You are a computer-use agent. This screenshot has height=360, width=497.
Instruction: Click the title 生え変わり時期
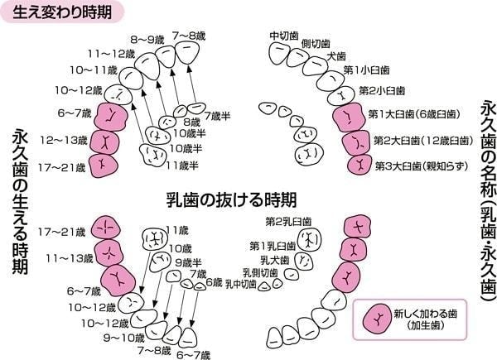pyautogui.click(x=62, y=12)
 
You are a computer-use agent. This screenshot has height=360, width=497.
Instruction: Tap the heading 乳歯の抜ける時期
pyautogui.click(x=231, y=199)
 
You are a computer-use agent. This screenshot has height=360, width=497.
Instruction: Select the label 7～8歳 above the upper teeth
pyautogui.click(x=189, y=36)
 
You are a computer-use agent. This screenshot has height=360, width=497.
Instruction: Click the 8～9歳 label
pyautogui.click(x=147, y=41)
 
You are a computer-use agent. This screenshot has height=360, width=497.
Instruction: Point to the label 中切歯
pyautogui.click(x=284, y=36)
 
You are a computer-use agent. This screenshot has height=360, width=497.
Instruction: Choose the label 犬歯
pyautogui.click(x=336, y=56)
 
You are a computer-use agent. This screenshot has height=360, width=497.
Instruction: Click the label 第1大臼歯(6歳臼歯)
pyautogui.click(x=414, y=114)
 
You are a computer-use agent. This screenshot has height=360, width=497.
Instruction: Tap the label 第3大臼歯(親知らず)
pyautogui.click(x=422, y=166)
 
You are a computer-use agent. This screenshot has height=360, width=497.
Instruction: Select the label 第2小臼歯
pyautogui.click(x=382, y=91)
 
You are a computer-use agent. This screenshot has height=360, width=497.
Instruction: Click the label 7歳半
pyautogui.click(x=217, y=116)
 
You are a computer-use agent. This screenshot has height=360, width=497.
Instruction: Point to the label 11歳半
pyautogui.click(x=182, y=166)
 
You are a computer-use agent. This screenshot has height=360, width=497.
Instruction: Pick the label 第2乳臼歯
pyautogui.click(x=288, y=221)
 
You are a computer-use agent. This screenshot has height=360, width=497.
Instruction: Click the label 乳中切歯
pyautogui.click(x=240, y=284)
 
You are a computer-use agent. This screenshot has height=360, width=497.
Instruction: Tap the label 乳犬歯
pyautogui.click(x=275, y=260)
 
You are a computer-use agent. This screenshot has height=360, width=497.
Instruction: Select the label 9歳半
pyautogui.click(x=188, y=262)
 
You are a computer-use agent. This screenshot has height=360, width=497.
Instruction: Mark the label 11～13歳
pyautogui.click(x=70, y=258)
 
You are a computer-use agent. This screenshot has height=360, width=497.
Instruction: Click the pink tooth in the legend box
pyautogui.click(x=377, y=319)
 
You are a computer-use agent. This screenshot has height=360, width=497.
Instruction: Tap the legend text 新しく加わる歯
pyautogui.click(x=426, y=314)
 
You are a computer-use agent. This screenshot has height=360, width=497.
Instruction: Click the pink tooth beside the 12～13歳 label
pyautogui.click(x=104, y=142)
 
